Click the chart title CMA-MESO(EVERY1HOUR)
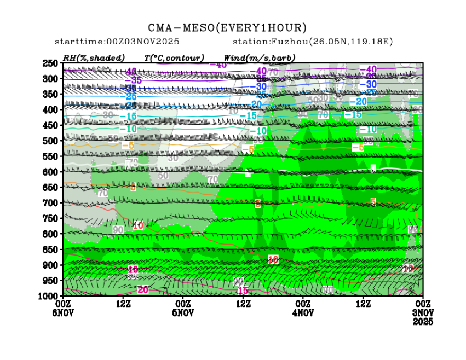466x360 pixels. click(227, 28)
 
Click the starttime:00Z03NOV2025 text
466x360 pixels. click(117, 42)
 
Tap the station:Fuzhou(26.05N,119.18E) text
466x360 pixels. click(313, 42)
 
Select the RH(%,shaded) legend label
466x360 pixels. click(94, 57)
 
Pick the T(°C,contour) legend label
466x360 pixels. click(174, 57)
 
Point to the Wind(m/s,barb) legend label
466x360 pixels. click(260, 57)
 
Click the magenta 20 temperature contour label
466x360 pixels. click(143, 290)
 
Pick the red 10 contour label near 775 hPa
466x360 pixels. click(138, 225)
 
